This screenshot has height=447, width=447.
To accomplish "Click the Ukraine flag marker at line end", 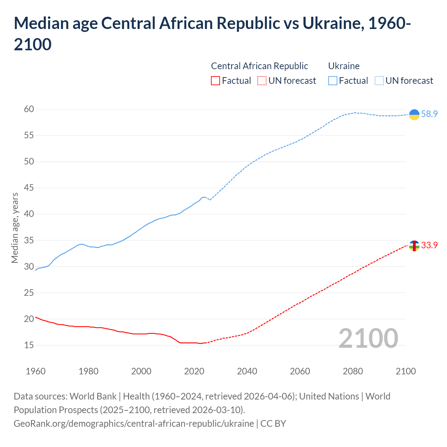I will point(414,114).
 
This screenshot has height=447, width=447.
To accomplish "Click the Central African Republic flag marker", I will point(414,246).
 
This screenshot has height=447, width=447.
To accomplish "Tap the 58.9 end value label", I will point(429,114).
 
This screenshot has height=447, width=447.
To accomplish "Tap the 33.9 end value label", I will point(429,246).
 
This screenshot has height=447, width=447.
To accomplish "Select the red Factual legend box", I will point(215,81).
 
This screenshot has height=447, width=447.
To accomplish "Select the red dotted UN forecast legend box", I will point(262,81).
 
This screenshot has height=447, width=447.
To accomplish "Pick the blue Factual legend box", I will point(333,81).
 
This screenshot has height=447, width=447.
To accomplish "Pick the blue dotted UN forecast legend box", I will point(379,81).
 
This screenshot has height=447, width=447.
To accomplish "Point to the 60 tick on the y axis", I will point(29,109).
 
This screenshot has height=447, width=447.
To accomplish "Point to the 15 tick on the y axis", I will point(29,345).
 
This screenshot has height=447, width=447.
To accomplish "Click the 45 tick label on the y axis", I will point(29,188).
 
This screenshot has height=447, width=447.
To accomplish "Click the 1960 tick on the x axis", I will point(36,371).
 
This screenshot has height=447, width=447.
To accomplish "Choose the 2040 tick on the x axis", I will point(247,371).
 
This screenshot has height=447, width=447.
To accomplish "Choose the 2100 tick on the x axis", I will point(405,371).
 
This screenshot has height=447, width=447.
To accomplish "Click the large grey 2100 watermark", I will point(368,338).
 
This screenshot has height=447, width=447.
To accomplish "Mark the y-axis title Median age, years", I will point(15,228).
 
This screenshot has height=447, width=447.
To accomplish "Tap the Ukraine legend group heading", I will point(344,66).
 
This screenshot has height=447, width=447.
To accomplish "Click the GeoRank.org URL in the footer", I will point(134,424).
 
